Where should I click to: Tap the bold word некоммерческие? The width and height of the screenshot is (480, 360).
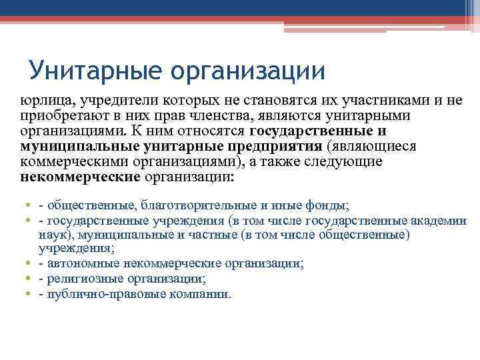[80, 177]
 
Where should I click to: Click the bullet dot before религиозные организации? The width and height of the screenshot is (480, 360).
[25, 279]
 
